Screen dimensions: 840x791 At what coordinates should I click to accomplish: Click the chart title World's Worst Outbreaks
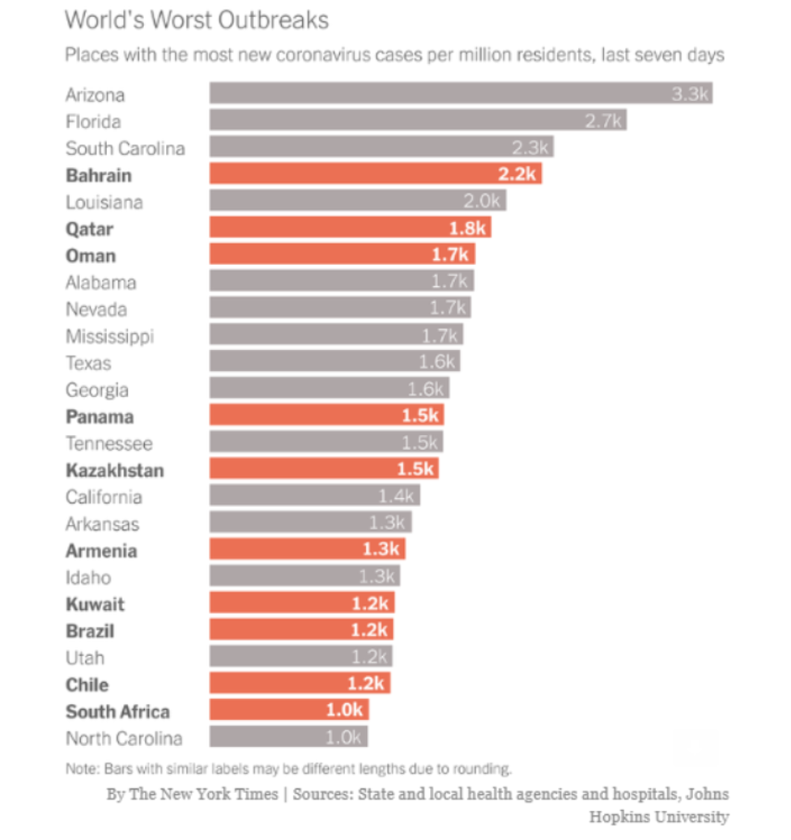click(x=197, y=19)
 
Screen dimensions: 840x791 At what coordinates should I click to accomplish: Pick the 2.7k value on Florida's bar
click(x=604, y=122)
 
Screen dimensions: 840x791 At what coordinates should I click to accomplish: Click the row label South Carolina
click(x=125, y=148)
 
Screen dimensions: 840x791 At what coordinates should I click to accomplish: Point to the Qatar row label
click(x=89, y=228)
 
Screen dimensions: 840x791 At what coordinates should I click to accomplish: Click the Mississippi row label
click(x=109, y=335)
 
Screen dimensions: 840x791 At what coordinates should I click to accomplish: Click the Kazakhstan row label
click(x=114, y=470)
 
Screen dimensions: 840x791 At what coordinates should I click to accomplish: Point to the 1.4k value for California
click(x=397, y=497)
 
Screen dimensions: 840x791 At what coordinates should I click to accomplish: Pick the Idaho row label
click(x=88, y=578)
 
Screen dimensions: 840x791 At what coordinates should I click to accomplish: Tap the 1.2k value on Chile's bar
click(x=368, y=684)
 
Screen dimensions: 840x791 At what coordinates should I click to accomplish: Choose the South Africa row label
click(x=118, y=711)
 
